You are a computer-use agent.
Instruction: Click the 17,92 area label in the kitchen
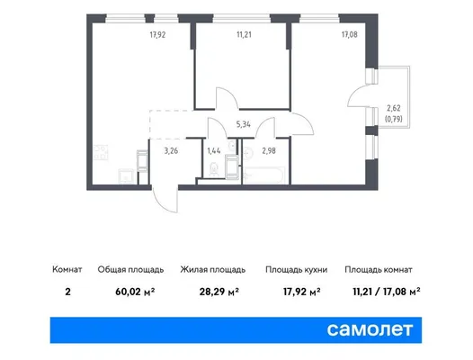tap(157, 35)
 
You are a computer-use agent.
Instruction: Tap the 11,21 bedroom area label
tap(244, 35)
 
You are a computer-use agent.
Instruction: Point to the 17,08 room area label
tap(349, 35)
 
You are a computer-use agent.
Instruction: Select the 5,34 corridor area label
tap(243, 124)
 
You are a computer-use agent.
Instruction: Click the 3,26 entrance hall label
tap(171, 150)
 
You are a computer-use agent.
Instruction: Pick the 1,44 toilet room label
tap(214, 150)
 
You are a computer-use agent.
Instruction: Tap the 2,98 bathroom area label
tap(269, 150)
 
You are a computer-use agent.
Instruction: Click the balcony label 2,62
tap(394, 108)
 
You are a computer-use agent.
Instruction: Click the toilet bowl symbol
tap(214, 169)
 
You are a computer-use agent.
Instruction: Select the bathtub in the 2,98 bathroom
tap(264, 175)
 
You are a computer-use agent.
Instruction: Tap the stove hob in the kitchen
tap(101, 153)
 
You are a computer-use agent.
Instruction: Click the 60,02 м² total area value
tap(135, 292)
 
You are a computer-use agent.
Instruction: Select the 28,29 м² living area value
tap(219, 292)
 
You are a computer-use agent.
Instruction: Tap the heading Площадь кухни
tap(296, 269)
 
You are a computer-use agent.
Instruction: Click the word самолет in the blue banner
tap(370, 329)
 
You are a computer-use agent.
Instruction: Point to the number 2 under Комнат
tap(67, 292)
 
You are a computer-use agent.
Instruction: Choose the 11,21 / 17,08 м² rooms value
tap(387, 292)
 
